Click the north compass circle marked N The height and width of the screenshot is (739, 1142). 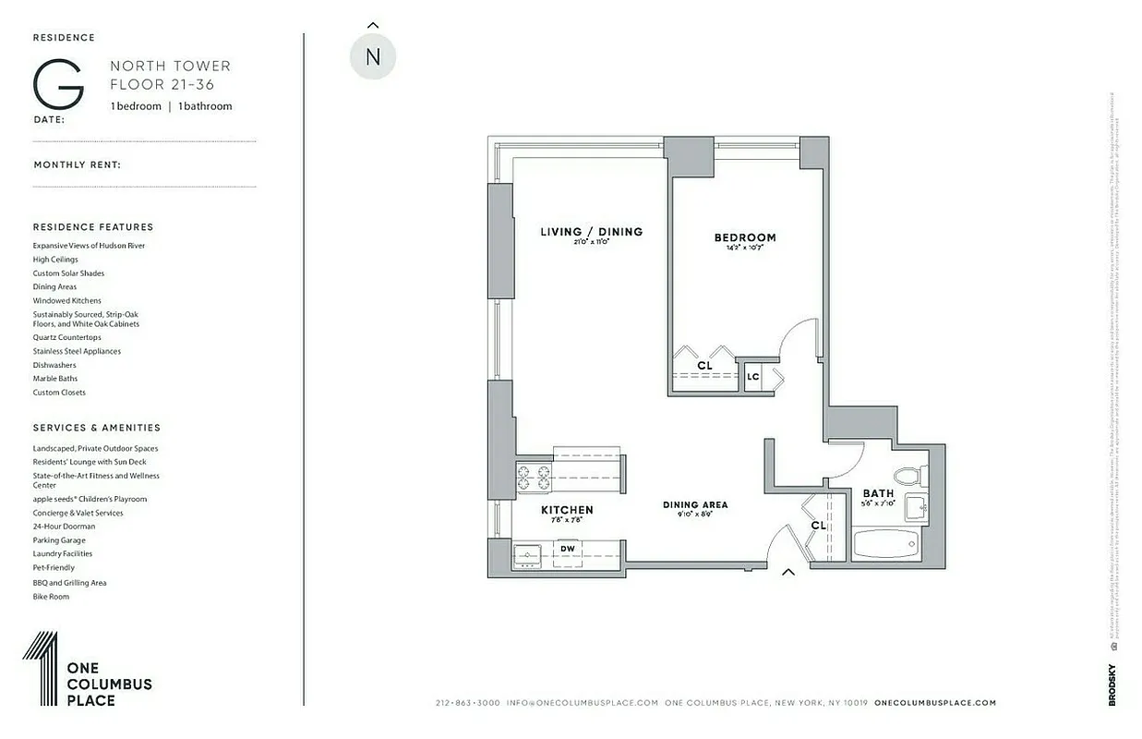[x=373, y=56]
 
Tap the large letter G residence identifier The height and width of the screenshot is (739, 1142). [x=58, y=85]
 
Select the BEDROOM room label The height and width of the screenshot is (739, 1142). [x=745, y=237]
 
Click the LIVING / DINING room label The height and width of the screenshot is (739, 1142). [x=591, y=232]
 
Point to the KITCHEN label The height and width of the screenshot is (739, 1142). [x=567, y=510]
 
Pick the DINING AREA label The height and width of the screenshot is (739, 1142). [x=695, y=504]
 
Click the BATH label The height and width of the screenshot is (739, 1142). [x=878, y=494]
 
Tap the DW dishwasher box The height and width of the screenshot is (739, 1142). [x=568, y=549]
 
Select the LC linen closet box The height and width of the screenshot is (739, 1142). [x=753, y=377]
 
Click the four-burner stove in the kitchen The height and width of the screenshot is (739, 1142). [x=534, y=478]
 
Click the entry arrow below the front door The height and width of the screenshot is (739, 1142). [x=788, y=573]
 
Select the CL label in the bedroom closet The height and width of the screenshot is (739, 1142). [x=705, y=367]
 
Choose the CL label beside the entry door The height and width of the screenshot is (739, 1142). [x=818, y=525]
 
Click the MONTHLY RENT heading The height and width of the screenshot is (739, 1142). [x=78, y=165]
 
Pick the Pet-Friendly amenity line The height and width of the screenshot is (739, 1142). [x=54, y=568]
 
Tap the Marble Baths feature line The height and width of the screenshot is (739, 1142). [x=55, y=379]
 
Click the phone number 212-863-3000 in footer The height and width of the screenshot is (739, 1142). [x=467, y=703]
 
